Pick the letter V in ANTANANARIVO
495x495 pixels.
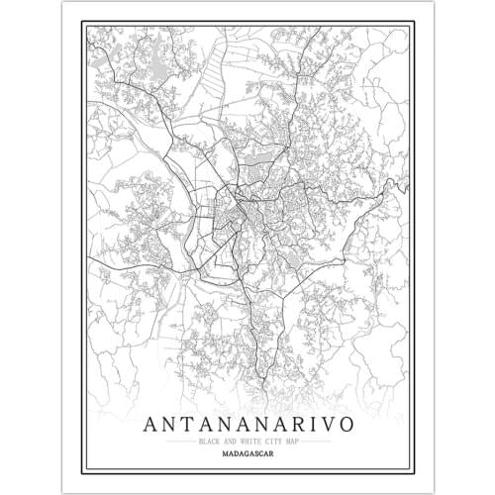tap(341, 424)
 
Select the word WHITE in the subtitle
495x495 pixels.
tap(247, 442)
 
